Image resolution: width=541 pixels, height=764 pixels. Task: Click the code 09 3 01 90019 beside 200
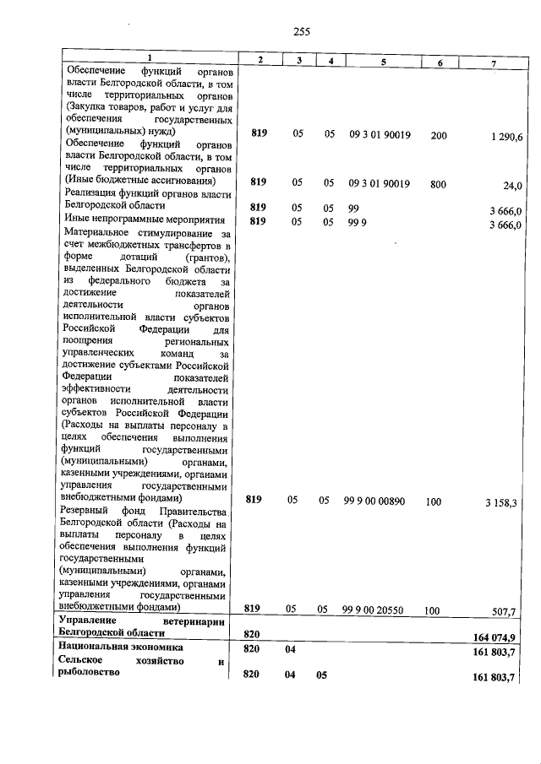tap(380, 134)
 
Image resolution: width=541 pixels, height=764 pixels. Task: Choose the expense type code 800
tap(437, 183)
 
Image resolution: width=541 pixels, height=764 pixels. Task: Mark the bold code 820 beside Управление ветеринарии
tap(252, 633)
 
